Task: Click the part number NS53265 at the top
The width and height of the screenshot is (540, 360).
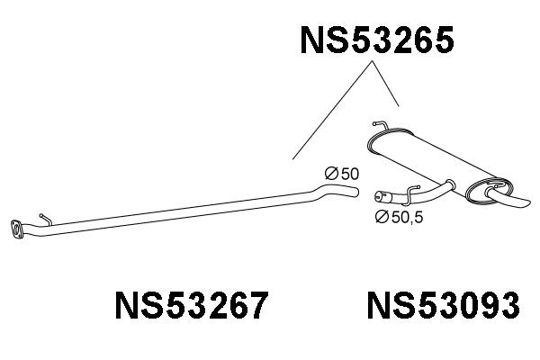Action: (376, 40)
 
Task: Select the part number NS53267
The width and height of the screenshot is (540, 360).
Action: (191, 307)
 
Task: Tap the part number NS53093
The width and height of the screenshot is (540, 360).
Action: (443, 307)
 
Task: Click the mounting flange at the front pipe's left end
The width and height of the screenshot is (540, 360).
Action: (16, 229)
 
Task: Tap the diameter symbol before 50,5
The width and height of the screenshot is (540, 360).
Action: (380, 216)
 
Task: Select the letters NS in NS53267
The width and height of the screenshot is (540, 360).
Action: (135, 307)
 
